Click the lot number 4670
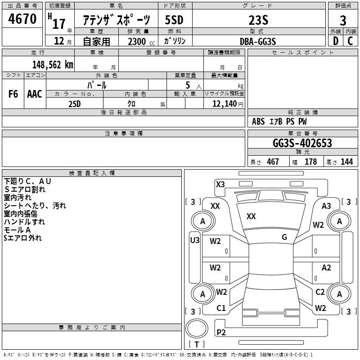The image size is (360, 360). [x=22, y=20]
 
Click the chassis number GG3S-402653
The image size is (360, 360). [x=302, y=143]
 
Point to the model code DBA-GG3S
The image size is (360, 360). [x=258, y=41]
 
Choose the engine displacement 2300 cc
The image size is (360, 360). [x=137, y=41]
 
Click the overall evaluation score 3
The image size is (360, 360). [x=343, y=21]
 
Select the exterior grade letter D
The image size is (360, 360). [x=335, y=41]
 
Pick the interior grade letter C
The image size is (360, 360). [x=350, y=41]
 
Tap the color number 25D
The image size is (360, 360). [x=74, y=103]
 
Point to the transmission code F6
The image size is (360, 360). [x=13, y=94]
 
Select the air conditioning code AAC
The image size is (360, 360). [x=34, y=94]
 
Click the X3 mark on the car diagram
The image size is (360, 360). [x=220, y=184]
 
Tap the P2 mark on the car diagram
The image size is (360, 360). [x=221, y=333]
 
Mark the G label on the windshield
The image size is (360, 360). [x=284, y=237]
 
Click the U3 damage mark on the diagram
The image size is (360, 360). [x=194, y=240]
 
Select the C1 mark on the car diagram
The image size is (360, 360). [x=221, y=308]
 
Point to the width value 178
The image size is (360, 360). [x=310, y=162]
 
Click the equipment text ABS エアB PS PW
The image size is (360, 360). [x=279, y=121]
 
